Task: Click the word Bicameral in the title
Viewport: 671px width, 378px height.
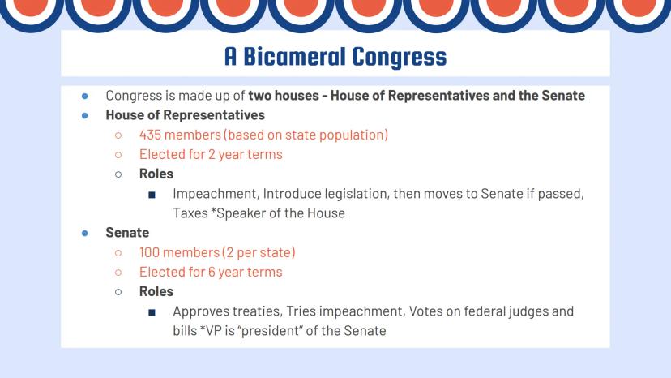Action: [293, 56]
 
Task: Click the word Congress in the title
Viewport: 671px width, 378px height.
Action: [400, 58]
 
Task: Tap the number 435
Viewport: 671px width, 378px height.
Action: [150, 135]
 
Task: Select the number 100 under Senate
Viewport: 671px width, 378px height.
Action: [149, 252]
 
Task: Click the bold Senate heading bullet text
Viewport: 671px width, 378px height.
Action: [127, 232]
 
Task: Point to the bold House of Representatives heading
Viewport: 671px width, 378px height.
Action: [186, 115]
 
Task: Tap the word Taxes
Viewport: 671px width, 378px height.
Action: [190, 213]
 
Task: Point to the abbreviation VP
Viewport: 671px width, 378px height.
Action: [213, 331]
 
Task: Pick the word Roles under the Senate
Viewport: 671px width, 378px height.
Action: [156, 291]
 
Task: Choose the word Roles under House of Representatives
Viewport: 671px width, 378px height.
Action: [156, 174]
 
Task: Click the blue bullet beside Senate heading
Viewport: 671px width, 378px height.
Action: [85, 233]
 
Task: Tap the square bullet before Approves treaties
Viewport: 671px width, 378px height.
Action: [152, 312]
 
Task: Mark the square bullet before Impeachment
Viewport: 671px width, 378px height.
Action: [152, 195]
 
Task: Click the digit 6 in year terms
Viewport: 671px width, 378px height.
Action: [212, 272]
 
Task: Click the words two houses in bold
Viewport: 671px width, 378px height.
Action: [284, 95]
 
